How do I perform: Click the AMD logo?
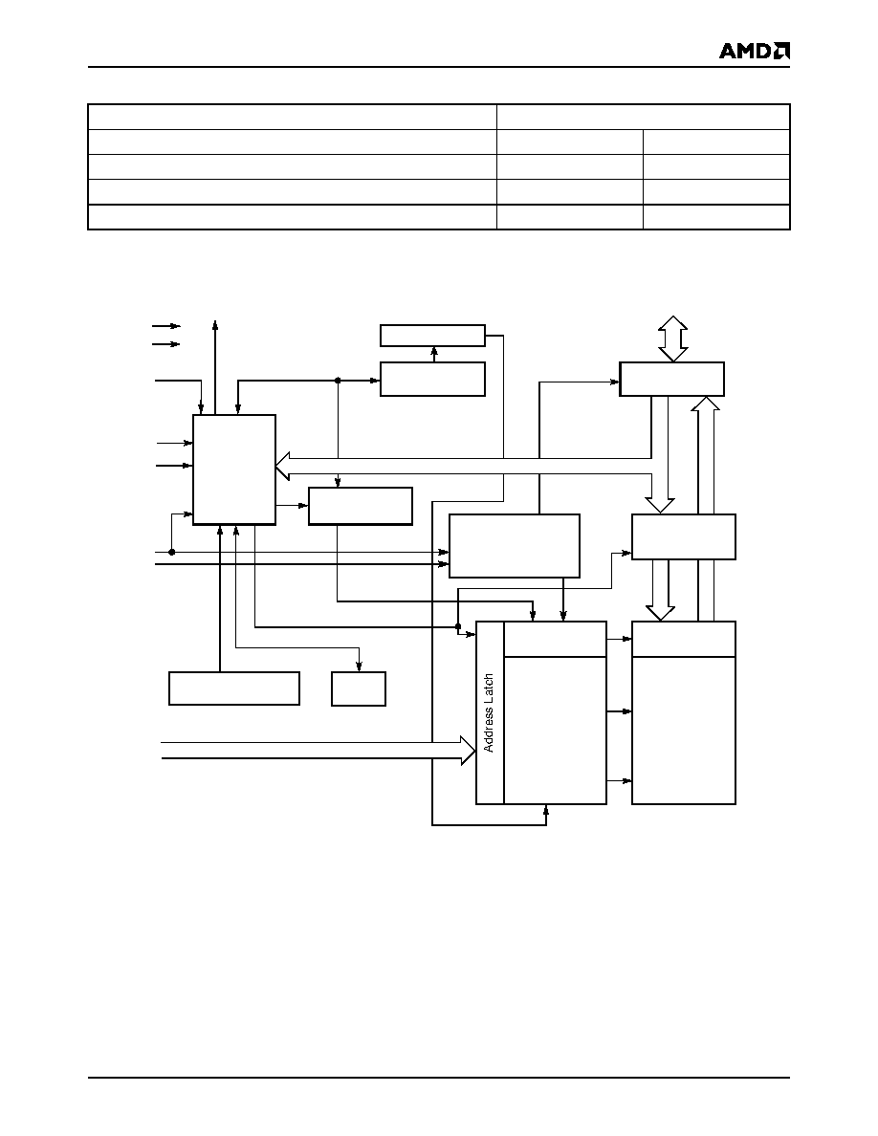coord(754,50)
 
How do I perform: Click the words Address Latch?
coord(489,713)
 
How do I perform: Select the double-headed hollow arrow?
coord(673,339)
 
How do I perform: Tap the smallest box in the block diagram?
coord(359,688)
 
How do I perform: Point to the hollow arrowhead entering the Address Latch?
coord(468,750)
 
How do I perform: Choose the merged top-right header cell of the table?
coord(644,117)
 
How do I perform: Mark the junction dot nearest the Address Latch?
coord(458,626)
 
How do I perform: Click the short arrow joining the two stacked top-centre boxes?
coord(434,354)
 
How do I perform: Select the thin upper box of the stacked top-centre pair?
coord(432,336)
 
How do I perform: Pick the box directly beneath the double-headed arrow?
coord(671,379)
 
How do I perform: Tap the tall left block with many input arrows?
coord(234,470)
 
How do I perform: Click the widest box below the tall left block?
coord(234,688)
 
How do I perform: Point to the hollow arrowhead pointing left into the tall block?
coord(282,465)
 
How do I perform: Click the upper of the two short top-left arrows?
coord(165,326)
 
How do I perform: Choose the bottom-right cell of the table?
coord(716,217)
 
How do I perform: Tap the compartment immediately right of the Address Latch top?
coord(555,639)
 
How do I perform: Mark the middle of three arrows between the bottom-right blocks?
coord(620,711)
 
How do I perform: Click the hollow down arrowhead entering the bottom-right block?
coord(660,613)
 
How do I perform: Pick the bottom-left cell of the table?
coord(293,217)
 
